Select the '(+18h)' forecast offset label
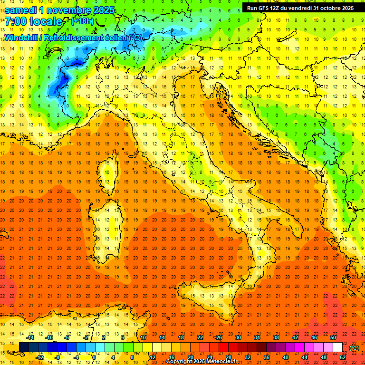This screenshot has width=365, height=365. click(82, 21)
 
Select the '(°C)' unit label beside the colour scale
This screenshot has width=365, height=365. click(354, 347)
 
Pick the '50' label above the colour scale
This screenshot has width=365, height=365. click(333, 337)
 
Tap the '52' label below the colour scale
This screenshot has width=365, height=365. click(343, 357)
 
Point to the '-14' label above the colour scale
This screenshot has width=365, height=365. click(30, 337)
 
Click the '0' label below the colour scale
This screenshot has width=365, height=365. click(94, 357)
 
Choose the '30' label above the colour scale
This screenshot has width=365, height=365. click(238, 337)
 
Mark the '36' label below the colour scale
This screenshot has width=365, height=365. click(266, 357)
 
